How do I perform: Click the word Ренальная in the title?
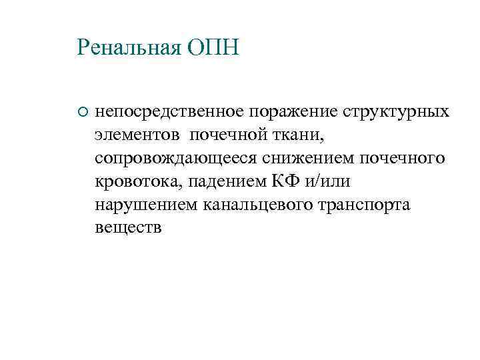[129, 47]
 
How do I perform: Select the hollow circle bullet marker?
[82, 111]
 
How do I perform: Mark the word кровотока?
[138, 182]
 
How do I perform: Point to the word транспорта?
[370, 205]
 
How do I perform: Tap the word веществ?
[127, 229]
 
